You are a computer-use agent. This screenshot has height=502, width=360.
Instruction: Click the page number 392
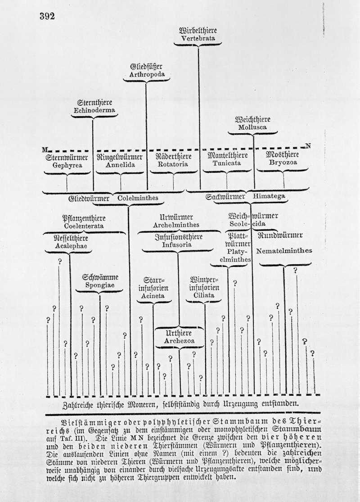click(x=47, y=17)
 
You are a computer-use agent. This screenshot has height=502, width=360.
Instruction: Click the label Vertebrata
click(x=198, y=39)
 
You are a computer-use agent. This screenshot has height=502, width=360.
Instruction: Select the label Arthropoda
click(x=147, y=74)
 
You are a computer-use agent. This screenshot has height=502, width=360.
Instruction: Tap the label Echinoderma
click(x=94, y=110)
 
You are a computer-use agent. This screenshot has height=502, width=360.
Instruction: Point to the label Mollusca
click(x=253, y=127)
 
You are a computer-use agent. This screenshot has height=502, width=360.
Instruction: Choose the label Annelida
click(x=120, y=165)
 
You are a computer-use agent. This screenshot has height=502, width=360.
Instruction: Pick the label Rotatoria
click(x=173, y=165)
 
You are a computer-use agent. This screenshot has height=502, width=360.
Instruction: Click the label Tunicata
click(x=227, y=163)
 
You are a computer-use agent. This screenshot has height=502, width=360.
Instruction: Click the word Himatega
click(x=269, y=196)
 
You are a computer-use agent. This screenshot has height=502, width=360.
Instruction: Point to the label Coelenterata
click(x=84, y=226)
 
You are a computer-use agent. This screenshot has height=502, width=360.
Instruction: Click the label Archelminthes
click(x=176, y=225)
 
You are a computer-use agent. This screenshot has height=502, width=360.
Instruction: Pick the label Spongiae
click(x=100, y=285)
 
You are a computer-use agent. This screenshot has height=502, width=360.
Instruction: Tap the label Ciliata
click(x=204, y=295)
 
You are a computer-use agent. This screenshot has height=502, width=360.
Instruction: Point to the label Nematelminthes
click(x=284, y=251)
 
